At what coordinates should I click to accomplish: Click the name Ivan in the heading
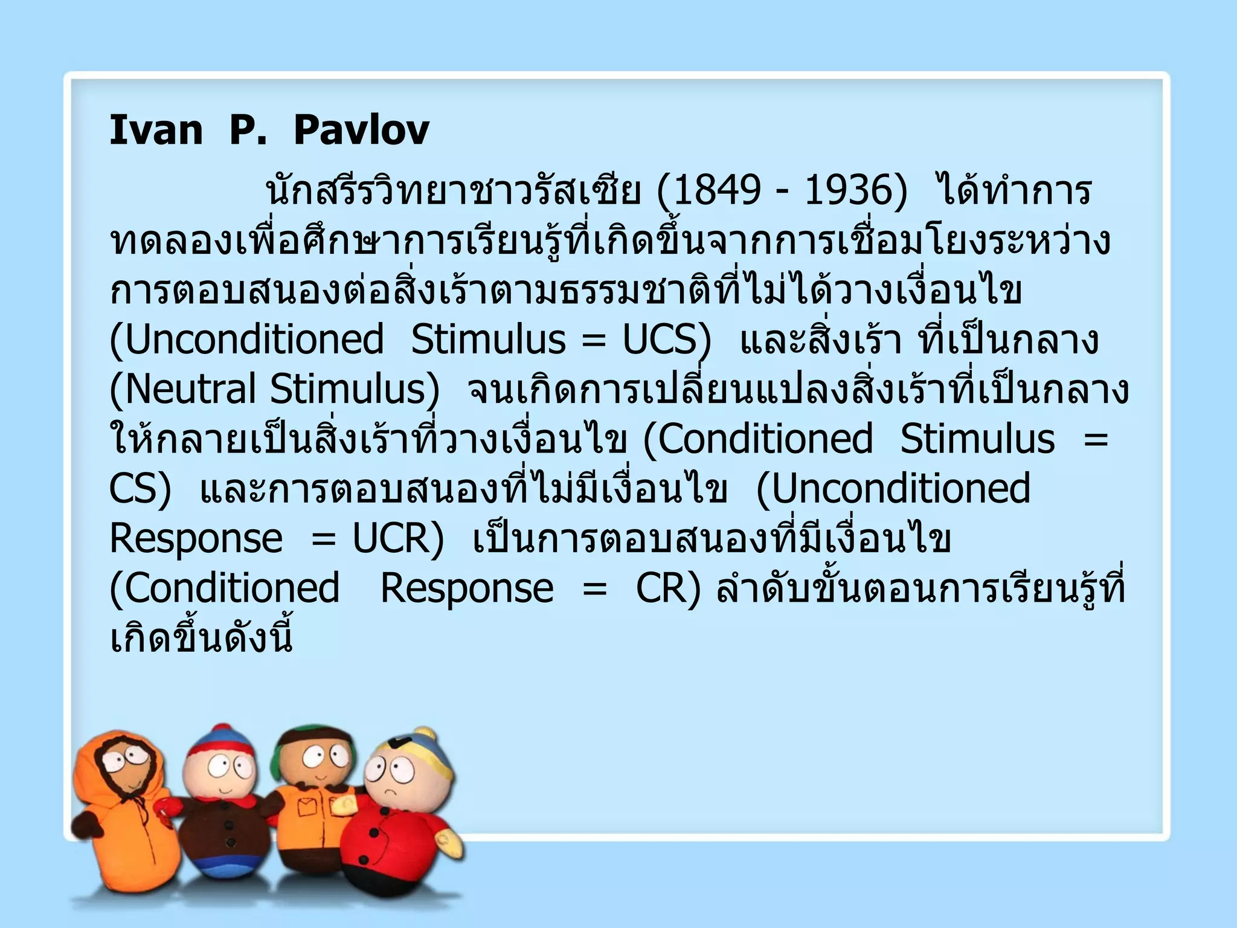click(x=156, y=130)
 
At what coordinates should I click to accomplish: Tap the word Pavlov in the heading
click(x=361, y=130)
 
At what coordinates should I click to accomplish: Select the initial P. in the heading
click(x=248, y=130)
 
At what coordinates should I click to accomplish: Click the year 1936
click(x=848, y=190)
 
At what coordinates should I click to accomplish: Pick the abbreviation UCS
click(x=660, y=340)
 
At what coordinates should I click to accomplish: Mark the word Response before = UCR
click(x=196, y=538)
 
